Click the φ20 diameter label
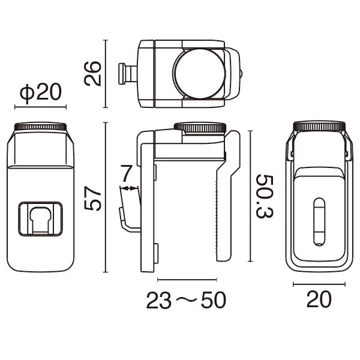[41, 92]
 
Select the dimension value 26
[92, 73]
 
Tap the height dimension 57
[92, 198]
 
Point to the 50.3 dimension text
[265, 197]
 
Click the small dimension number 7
[126, 173]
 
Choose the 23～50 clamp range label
[186, 300]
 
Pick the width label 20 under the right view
[319, 299]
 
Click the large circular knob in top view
[200, 73]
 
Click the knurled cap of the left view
[40, 127]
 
